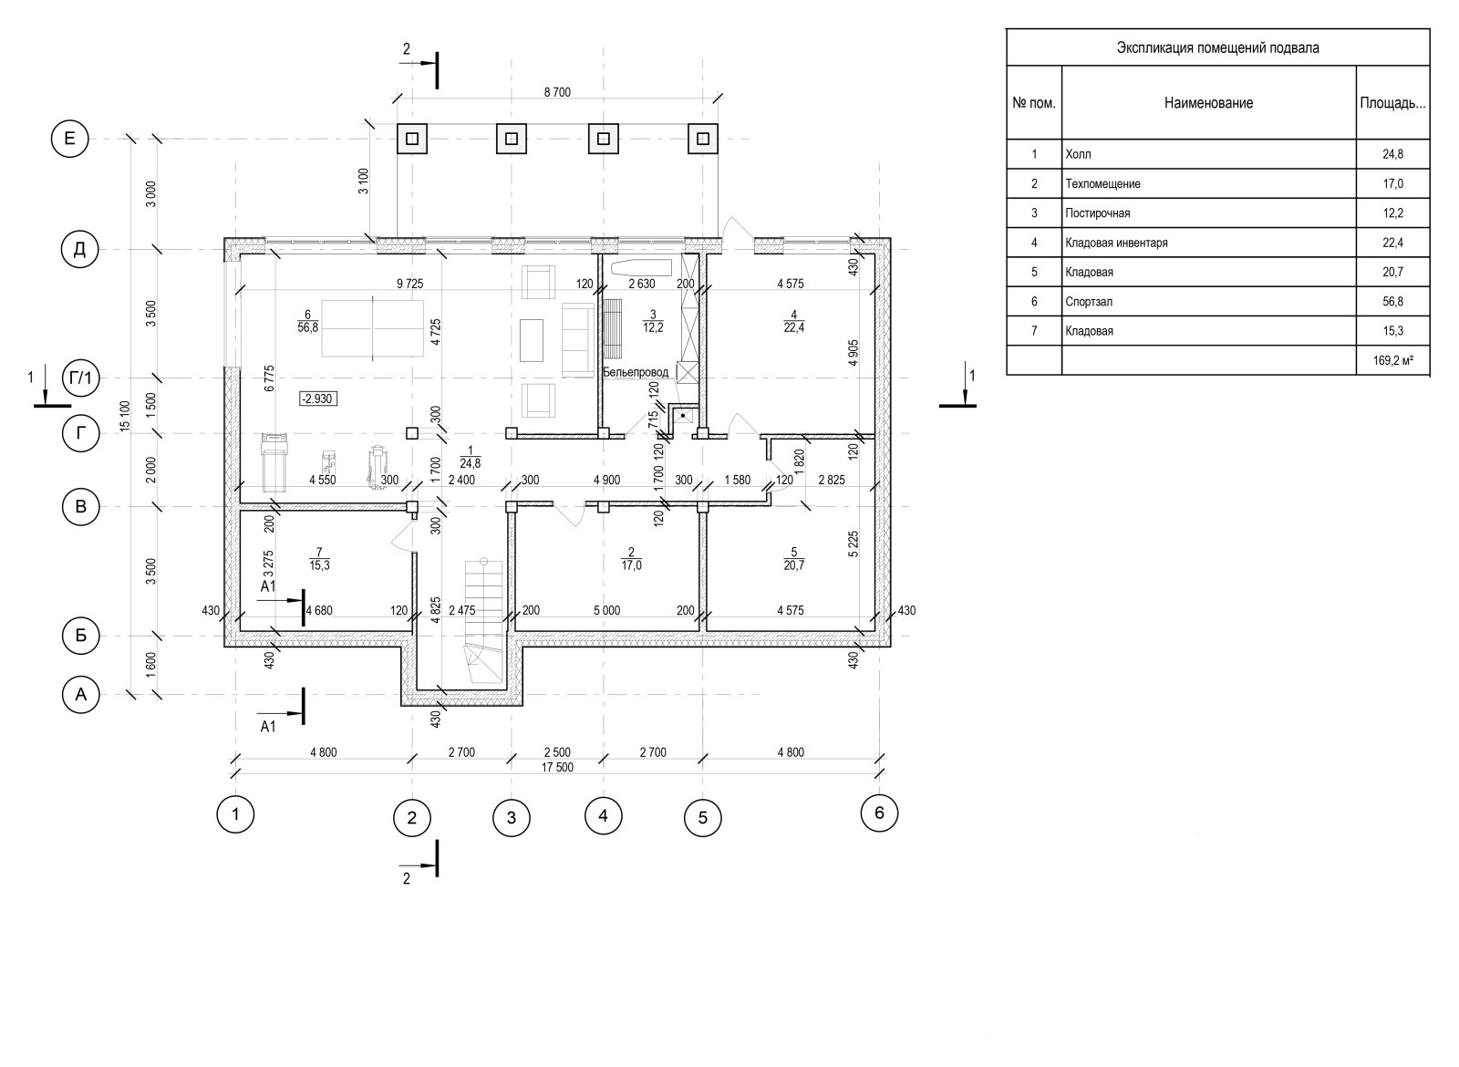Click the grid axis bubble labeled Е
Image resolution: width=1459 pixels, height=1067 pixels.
(69, 139)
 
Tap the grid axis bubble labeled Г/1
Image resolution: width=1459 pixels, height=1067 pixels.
(81, 378)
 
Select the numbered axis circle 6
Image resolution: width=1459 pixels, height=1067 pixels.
(879, 813)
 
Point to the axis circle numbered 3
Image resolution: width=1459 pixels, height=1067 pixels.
(512, 817)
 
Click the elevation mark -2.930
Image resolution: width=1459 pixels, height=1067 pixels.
(318, 399)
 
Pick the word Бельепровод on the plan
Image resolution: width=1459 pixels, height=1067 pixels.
(636, 373)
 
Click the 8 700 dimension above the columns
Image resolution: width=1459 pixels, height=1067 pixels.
(557, 92)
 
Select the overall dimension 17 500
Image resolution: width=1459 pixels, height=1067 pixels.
(557, 767)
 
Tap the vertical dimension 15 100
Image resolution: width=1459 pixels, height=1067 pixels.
(125, 416)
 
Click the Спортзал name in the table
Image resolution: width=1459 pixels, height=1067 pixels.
(1089, 302)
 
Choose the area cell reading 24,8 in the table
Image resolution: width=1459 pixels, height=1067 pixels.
(1393, 154)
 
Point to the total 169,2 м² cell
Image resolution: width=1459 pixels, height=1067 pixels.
(1393, 360)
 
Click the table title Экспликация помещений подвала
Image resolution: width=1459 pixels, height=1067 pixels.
(1218, 47)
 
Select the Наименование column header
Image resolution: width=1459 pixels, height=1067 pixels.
(1209, 103)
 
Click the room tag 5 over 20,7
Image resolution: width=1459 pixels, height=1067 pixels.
(794, 559)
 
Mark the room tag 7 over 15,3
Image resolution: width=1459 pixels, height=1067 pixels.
(319, 559)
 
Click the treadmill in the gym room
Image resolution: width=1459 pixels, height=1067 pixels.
(274, 461)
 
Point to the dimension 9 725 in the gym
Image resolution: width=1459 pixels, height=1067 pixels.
(410, 284)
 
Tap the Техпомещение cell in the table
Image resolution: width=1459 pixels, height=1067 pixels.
(1102, 183)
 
